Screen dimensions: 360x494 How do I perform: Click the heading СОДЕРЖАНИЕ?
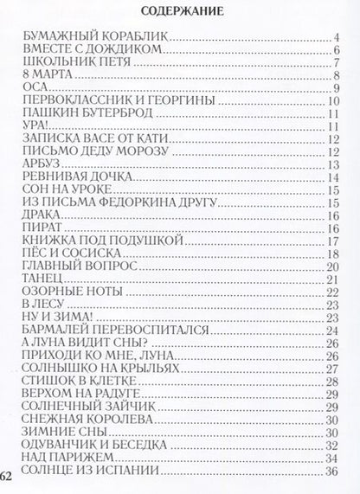[x=181, y=12]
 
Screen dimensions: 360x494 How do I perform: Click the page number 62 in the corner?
[x=6, y=478]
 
